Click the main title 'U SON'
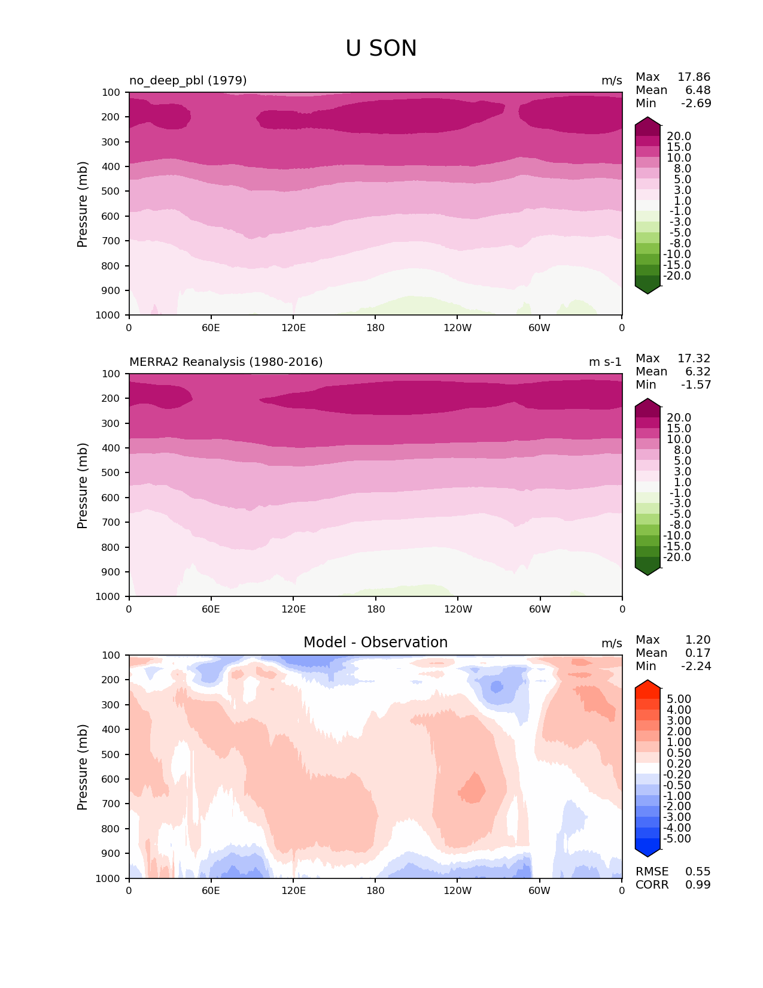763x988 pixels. point(381,49)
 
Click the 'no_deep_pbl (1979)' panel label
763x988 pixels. point(188,80)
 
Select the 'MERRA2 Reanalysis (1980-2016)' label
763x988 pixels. point(226,362)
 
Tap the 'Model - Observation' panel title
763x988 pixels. point(375,642)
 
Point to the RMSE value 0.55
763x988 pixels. point(698,871)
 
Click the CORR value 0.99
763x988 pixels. point(698,884)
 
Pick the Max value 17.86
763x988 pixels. point(694,77)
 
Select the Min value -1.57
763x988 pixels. point(696,384)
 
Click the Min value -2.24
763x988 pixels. point(696,666)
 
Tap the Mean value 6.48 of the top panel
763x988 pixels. point(698,90)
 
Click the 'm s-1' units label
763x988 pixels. point(605,362)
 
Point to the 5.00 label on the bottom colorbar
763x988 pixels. point(678,699)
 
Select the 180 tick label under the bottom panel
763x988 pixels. point(375,890)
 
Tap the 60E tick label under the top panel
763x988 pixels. point(211,328)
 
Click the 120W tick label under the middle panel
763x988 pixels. point(457,609)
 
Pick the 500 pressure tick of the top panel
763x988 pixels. point(111,191)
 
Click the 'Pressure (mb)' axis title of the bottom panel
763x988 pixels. point(83,766)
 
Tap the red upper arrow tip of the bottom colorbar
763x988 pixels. point(648,683)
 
